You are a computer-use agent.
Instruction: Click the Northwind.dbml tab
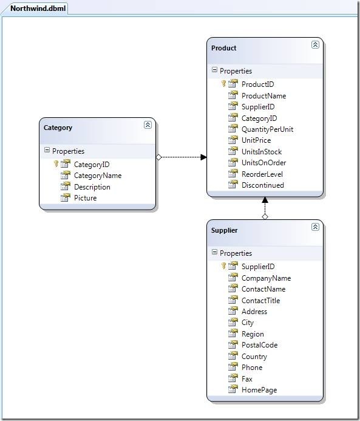(38, 9)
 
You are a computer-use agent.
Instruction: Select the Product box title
(224, 48)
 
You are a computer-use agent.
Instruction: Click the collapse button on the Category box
(148, 125)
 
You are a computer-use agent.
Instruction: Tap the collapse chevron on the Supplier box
(315, 227)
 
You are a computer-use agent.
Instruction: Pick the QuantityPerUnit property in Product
(267, 129)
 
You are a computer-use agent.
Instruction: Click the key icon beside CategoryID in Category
(56, 164)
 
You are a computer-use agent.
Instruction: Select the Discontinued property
(263, 185)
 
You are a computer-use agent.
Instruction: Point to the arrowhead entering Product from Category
(203, 157)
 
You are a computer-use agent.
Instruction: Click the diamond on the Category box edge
(158, 157)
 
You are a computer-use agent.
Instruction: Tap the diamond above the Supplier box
(265, 216)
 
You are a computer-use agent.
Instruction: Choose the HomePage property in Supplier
(259, 390)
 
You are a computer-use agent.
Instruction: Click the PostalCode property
(259, 345)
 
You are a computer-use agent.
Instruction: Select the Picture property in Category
(86, 198)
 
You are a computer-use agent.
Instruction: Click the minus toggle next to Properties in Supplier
(214, 252)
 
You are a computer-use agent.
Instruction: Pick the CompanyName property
(266, 278)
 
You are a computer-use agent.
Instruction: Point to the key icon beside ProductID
(223, 83)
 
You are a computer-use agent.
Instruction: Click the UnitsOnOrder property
(263, 163)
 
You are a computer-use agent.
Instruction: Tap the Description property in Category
(92, 187)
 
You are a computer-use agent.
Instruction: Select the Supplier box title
(224, 230)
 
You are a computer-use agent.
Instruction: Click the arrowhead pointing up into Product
(265, 200)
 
